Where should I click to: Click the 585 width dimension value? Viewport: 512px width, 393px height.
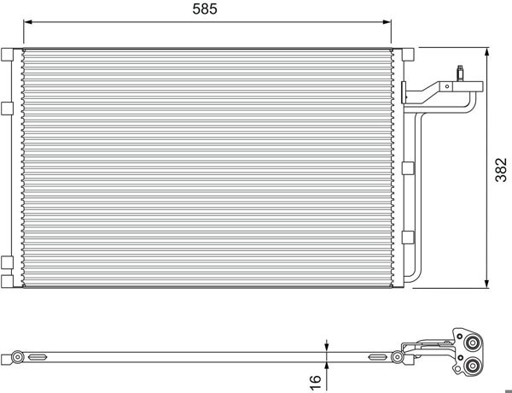[205, 11]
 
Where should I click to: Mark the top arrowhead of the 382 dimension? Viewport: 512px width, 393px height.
[487, 49]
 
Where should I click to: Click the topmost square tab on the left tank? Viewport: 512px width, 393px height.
[7, 55]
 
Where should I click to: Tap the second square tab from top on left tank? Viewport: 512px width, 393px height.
[7, 107]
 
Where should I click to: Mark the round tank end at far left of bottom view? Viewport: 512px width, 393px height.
[16, 356]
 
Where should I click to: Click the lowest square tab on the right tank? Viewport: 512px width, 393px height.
[408, 237]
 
